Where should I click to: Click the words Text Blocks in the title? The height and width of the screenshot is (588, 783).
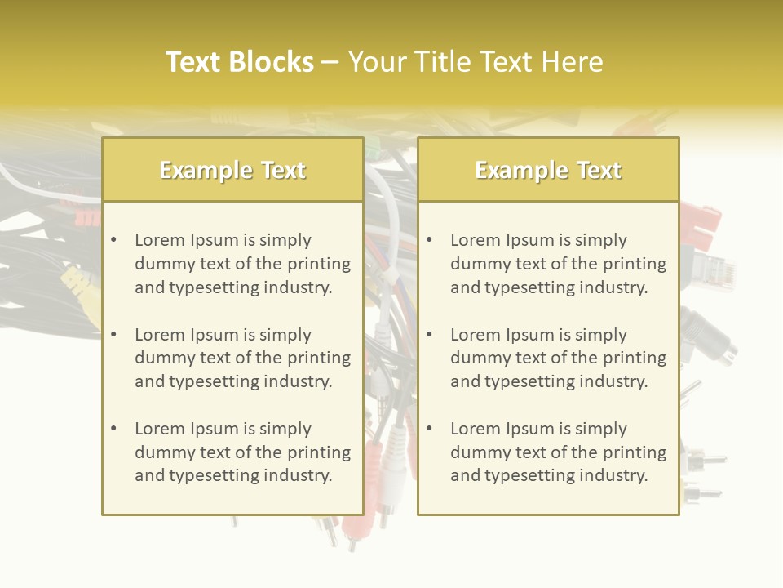tap(239, 62)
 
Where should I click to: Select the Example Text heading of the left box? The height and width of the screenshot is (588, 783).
tap(232, 170)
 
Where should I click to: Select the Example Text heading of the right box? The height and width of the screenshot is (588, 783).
tap(548, 170)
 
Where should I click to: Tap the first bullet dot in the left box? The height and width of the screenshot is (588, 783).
tap(113, 240)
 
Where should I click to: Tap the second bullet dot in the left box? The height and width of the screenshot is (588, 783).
tap(113, 335)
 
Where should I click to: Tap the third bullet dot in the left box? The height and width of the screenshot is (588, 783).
tap(113, 429)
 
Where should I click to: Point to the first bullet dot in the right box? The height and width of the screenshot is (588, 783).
tap(429, 240)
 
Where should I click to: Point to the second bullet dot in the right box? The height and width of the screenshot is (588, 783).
tap(429, 335)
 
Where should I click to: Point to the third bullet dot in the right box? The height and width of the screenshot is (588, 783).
tap(429, 429)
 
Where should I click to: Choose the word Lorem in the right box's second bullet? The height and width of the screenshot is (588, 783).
tap(475, 335)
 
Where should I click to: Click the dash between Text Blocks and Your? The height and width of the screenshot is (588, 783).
tap(330, 62)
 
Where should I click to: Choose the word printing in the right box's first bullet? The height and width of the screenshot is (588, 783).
tap(636, 264)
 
